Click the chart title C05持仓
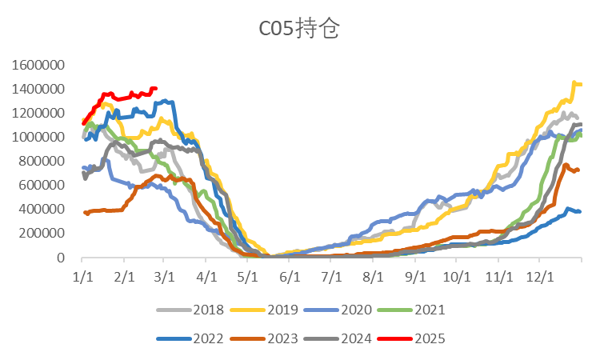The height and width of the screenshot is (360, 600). point(300,30)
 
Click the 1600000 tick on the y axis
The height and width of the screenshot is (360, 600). point(38,65)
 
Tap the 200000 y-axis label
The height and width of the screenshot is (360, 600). point(42,234)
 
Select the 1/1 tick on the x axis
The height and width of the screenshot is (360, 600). point(82,274)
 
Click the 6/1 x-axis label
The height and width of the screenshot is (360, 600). point(289,274)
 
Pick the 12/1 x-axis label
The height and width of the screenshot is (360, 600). point(539,274)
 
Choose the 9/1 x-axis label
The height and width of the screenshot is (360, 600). point(414,274)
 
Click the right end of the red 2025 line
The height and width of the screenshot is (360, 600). point(156,88)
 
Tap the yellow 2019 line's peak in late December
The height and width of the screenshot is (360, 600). point(574,82)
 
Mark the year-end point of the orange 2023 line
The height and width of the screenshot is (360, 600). point(579,170)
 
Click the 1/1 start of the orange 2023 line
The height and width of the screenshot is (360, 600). point(84,212)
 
